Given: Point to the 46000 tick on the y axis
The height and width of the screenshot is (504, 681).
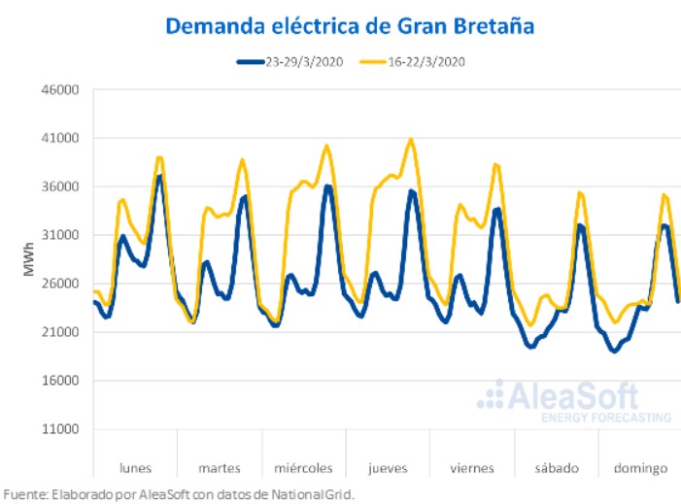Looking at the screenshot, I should click(59, 90).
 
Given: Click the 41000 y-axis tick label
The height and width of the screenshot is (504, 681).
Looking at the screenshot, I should click(59, 139).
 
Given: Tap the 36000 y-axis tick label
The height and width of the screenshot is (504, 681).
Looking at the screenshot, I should click(59, 187).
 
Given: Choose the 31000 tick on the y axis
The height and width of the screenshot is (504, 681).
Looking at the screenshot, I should click(59, 235).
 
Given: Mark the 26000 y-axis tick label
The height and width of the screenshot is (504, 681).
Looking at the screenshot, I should click(59, 284).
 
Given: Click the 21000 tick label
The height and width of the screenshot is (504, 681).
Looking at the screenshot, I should click(59, 332).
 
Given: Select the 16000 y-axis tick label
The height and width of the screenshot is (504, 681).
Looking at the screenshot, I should click(59, 381).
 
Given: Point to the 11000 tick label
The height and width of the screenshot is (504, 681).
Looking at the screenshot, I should click(59, 429).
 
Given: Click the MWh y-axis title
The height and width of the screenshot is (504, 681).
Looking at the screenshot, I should click(29, 260).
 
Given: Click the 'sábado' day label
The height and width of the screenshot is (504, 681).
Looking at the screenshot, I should click(556, 468).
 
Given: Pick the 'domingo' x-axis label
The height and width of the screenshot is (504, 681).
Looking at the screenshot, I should click(639, 468).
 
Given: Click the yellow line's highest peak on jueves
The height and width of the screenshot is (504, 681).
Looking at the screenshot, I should click(412, 140).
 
